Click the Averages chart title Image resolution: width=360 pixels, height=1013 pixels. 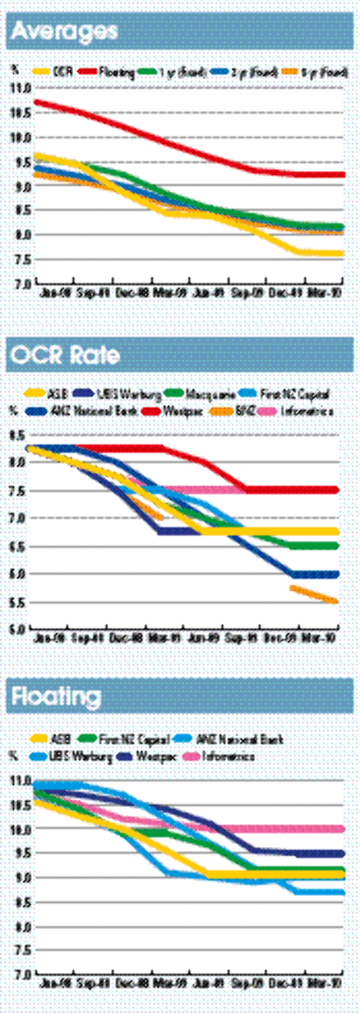64,31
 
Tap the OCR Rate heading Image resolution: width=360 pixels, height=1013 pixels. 65,355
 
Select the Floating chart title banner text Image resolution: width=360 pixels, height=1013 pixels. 56,696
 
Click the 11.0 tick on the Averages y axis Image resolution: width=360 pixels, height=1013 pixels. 21,88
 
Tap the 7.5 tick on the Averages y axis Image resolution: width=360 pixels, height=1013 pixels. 21,259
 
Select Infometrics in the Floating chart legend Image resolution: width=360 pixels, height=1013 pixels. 228,756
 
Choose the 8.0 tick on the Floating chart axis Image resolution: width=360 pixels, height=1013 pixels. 21,927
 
